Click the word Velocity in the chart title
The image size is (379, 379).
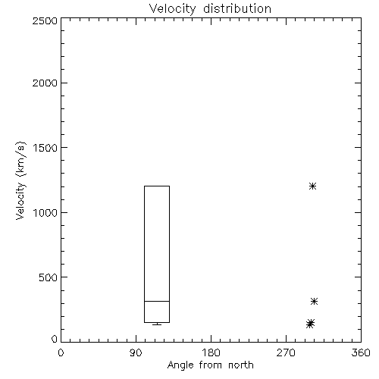[x=173, y=9]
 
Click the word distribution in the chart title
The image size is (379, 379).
[x=237, y=8]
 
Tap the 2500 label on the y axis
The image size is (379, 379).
[x=45, y=20]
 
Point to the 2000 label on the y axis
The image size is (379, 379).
[x=45, y=83]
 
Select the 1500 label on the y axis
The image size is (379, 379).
[x=45, y=148]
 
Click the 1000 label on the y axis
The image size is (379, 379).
[x=45, y=213]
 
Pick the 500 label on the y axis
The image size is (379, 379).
[x=49, y=277]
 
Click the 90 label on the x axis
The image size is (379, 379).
[x=136, y=352]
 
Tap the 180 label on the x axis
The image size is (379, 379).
[x=211, y=352]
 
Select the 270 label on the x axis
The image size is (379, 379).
[x=286, y=352]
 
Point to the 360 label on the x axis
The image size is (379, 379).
[x=361, y=352]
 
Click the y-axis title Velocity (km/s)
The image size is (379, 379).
[x=20, y=180]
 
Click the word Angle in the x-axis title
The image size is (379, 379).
[x=180, y=365]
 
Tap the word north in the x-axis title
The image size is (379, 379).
[x=241, y=365]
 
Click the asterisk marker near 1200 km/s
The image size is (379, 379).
[x=313, y=186]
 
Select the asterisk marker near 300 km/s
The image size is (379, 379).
[x=314, y=301]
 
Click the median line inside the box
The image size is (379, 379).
[x=157, y=301]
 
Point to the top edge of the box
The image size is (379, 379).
[x=157, y=186]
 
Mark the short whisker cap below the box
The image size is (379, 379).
[x=157, y=324]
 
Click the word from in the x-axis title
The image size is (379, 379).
[x=211, y=365]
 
